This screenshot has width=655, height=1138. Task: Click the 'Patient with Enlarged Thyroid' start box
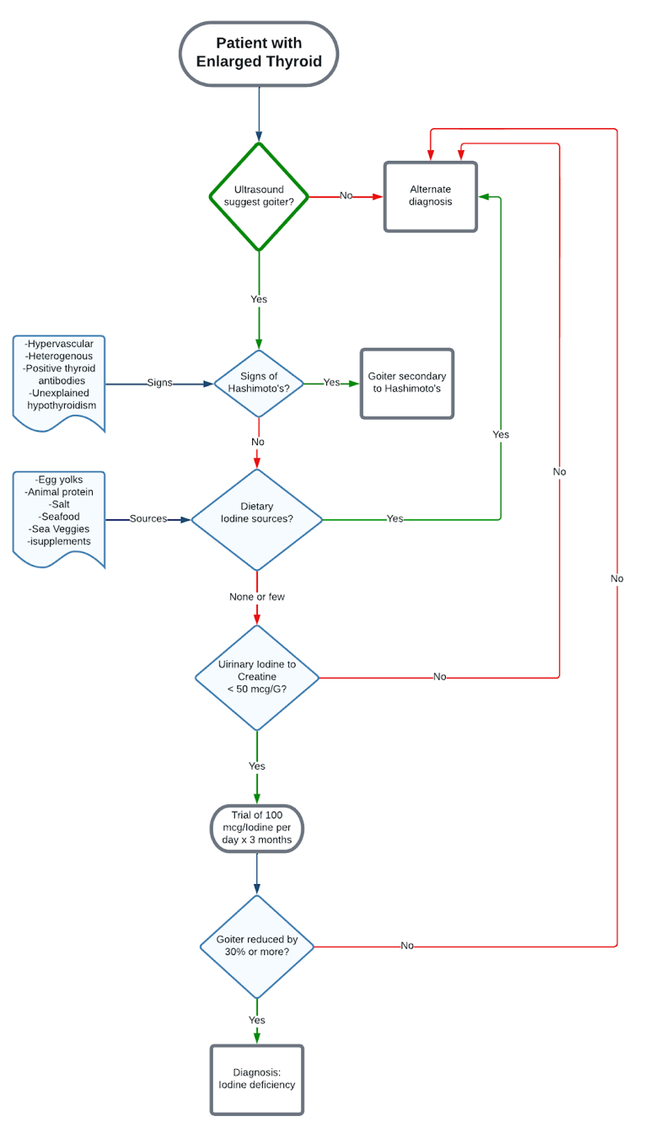pos(259,53)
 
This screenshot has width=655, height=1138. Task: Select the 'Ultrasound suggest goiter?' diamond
pos(259,196)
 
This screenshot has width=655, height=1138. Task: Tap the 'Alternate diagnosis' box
pos(431,196)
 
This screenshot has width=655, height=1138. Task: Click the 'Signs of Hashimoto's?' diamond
pos(258,384)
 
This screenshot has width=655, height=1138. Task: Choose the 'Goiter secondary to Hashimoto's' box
pos(407,384)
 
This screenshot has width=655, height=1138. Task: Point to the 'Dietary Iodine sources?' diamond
pos(257,519)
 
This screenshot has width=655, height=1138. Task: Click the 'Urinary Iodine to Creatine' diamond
pos(257,677)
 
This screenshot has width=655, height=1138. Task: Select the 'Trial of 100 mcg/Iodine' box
pos(256,828)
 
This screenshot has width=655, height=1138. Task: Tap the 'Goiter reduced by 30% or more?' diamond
pos(257,947)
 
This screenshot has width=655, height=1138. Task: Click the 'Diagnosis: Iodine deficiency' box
pos(257,1079)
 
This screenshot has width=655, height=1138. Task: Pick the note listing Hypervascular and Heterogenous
pos(60,380)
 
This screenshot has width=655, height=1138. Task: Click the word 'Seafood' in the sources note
pos(59,517)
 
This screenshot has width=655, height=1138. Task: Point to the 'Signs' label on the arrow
pos(159,383)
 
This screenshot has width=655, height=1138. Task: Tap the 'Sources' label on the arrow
pos(148,518)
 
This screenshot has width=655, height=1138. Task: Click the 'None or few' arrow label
pos(257,597)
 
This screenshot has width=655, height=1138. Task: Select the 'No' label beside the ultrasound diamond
pos(346,196)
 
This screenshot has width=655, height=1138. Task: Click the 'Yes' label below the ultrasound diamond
pos(259,299)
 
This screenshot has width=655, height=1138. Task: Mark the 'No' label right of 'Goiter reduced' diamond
pos(407,946)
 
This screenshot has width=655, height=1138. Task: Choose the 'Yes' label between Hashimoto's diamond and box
pos(332,383)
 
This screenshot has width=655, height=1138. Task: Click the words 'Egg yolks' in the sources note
pos(59,480)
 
